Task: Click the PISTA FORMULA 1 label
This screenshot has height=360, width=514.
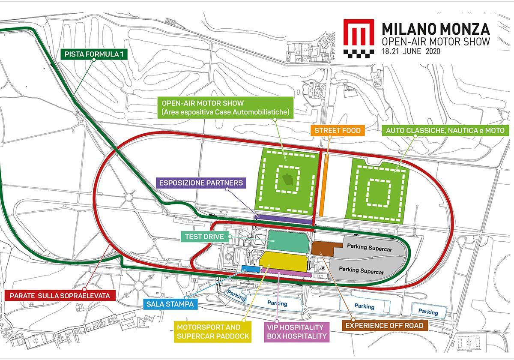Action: (x=94, y=54)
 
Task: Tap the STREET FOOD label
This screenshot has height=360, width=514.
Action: (x=338, y=130)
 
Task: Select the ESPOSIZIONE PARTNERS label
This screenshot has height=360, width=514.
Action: (x=201, y=183)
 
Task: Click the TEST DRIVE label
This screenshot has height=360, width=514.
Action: (x=204, y=237)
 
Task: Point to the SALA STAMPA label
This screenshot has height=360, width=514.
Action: (x=170, y=304)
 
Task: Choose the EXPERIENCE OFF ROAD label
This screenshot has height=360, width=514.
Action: (x=385, y=326)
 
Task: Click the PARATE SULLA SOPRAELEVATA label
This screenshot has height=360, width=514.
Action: (x=60, y=296)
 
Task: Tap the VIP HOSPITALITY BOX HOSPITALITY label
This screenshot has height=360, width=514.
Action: (x=297, y=332)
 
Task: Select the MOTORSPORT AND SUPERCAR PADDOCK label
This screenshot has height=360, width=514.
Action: (x=213, y=332)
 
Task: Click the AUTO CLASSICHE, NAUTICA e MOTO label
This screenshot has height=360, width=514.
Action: (x=445, y=131)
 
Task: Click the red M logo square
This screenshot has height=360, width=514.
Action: (x=359, y=33)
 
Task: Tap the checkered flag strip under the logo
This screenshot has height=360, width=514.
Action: (x=359, y=54)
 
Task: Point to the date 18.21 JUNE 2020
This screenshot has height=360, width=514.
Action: (x=411, y=51)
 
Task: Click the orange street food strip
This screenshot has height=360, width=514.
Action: (x=323, y=185)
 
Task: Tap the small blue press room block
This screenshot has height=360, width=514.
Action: (x=251, y=269)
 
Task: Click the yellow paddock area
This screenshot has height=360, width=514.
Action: (x=284, y=261)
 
